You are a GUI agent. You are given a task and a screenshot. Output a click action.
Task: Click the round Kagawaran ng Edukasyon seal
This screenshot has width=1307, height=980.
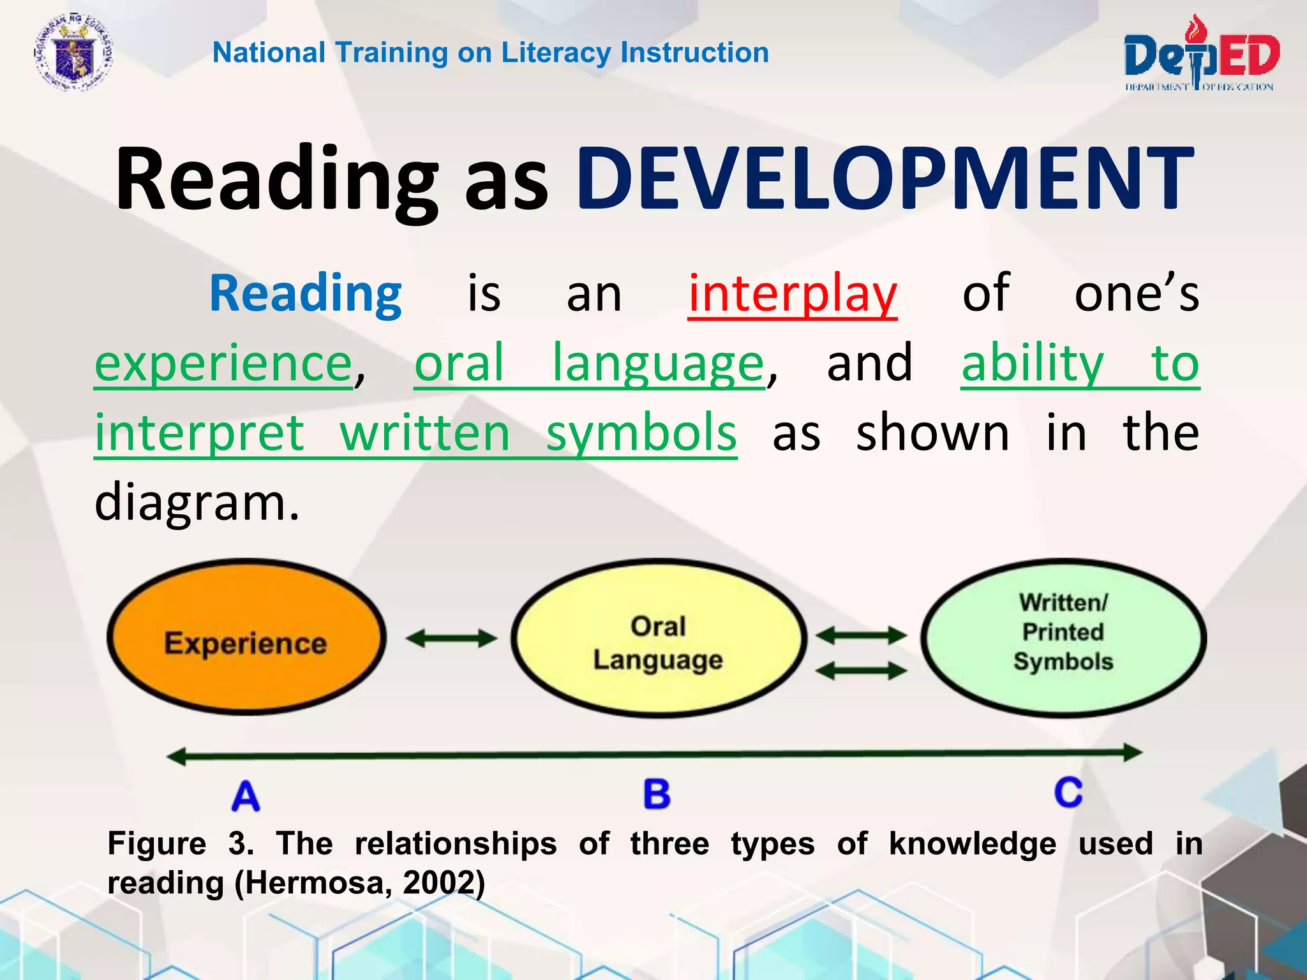click(73, 54)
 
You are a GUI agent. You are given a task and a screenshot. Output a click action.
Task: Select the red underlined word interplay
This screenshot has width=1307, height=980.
click(792, 293)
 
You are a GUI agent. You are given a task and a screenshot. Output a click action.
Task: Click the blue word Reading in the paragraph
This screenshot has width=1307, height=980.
click(305, 293)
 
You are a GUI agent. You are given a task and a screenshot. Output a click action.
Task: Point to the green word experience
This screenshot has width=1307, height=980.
click(223, 364)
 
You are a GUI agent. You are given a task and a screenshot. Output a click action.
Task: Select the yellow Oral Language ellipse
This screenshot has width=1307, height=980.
click(658, 638)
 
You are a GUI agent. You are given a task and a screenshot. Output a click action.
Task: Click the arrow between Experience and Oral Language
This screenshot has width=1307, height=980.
click(451, 638)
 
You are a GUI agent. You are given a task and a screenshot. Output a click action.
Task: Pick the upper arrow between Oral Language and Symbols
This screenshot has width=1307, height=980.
click(861, 635)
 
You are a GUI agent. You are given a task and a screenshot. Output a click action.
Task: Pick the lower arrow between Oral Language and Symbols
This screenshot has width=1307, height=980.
click(861, 670)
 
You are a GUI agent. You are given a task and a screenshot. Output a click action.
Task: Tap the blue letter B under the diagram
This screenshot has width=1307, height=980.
click(657, 794)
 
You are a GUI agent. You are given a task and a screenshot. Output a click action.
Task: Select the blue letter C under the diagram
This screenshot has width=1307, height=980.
click(1068, 792)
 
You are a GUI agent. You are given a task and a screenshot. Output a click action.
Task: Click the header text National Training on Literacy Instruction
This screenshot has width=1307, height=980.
click(490, 52)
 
